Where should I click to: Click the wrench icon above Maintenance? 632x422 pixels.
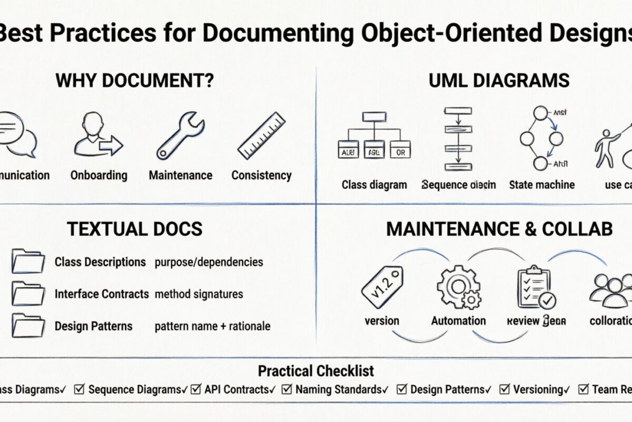180,135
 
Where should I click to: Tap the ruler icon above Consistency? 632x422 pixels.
261,135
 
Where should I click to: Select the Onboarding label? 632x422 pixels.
99,175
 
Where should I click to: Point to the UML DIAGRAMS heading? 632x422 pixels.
499,81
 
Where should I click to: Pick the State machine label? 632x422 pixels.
541,185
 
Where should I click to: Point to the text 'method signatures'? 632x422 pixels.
199,294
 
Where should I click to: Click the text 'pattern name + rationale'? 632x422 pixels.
212,326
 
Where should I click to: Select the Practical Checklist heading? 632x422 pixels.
316,371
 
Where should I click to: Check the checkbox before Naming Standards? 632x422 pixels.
287,389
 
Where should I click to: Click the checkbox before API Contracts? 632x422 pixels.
196,389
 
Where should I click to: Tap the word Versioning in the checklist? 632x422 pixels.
538,390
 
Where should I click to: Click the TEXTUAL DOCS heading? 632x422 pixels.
134,229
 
